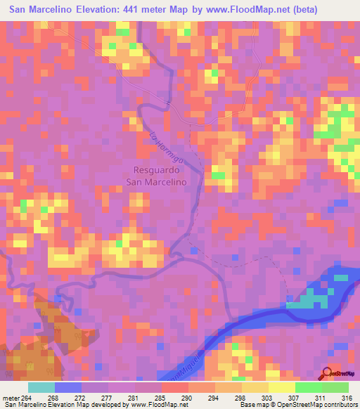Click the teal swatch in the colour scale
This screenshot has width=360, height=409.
[x=41, y=387]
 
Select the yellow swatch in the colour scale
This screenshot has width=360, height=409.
[x=281, y=387]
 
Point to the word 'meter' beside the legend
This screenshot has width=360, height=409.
[x=11, y=397]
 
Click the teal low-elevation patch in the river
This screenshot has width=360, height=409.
[x=309, y=300]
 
